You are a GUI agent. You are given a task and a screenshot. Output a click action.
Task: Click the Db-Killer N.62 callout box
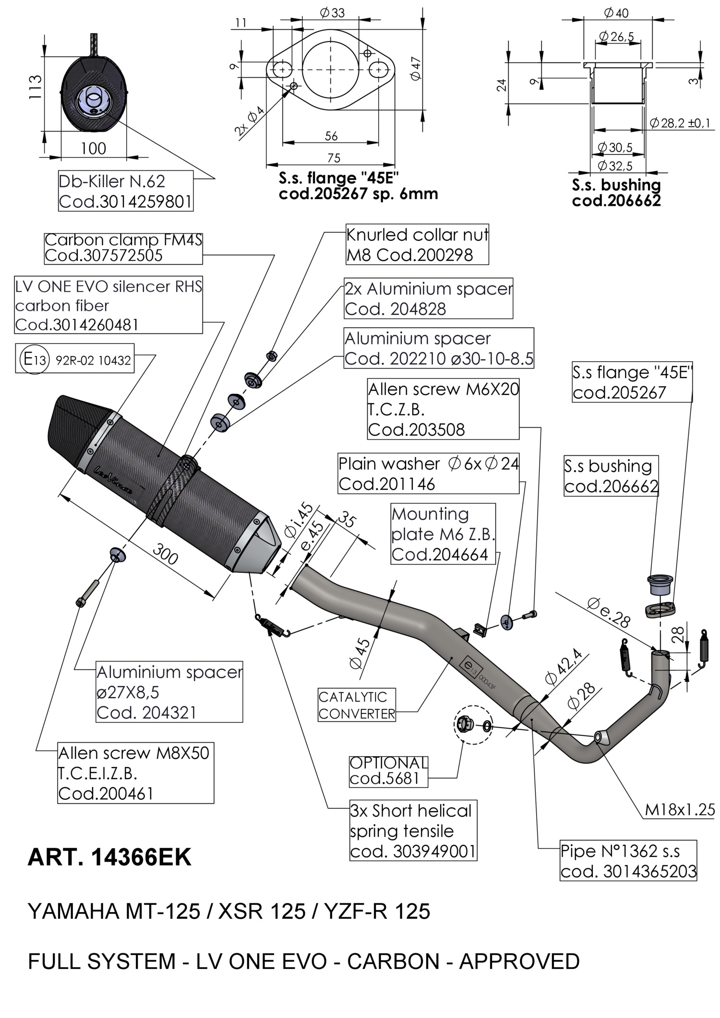pyautogui.click(x=125, y=191)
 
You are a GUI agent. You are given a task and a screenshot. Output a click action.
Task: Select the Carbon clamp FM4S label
pyautogui.click(x=123, y=248)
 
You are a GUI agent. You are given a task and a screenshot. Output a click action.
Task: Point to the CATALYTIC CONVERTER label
pyautogui.click(x=357, y=705)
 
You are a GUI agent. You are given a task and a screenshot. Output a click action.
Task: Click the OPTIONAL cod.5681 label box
pyautogui.click(x=388, y=770)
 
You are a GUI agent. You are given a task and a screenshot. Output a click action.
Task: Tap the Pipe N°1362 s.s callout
pyautogui.click(x=628, y=861)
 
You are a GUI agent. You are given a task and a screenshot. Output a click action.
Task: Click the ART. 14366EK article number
pyautogui.click(x=109, y=857)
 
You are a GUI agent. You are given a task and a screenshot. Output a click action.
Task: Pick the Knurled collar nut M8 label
pyautogui.click(x=417, y=245)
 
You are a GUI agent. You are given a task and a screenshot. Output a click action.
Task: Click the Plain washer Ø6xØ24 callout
pyautogui.click(x=428, y=473)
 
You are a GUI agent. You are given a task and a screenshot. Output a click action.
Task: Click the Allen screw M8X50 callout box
pyautogui.click(x=135, y=773)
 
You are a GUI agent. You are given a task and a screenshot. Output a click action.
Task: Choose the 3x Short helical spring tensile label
pyautogui.click(x=413, y=830)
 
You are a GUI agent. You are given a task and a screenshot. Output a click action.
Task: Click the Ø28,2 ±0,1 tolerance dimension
pyautogui.click(x=680, y=123)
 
